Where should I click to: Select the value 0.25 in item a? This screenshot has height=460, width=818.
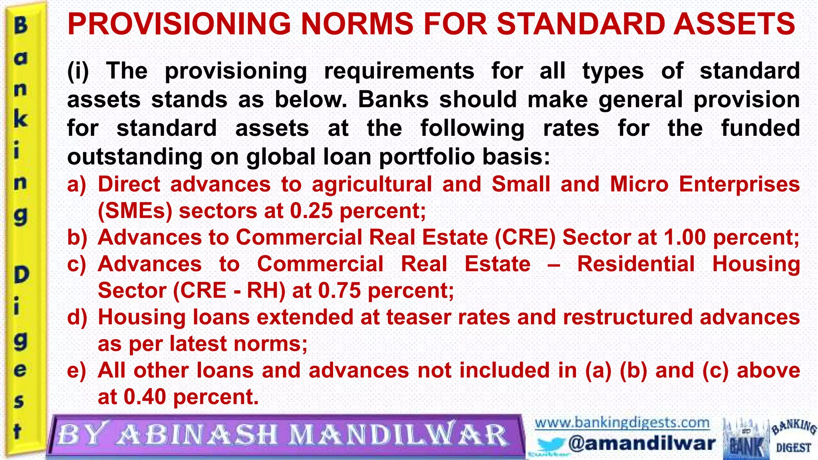click(311, 211)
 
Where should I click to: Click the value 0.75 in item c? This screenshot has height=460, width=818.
click(340, 290)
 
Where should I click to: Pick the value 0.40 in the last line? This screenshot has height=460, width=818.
click(145, 397)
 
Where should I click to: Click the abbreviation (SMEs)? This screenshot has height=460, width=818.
click(135, 211)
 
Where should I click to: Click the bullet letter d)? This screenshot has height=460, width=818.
click(77, 317)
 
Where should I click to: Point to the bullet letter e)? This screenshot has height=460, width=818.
click(77, 370)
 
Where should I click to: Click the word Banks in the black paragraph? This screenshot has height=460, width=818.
click(393, 99)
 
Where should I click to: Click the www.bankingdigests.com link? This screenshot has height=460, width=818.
click(622, 422)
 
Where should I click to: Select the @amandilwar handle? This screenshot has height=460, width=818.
click(641, 443)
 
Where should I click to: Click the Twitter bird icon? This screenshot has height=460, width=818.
click(550, 444)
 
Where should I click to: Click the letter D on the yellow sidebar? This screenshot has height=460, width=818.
click(22, 275)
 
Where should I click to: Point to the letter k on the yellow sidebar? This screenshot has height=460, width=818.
click(21, 119)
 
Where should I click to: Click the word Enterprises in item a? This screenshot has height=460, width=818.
click(739, 184)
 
